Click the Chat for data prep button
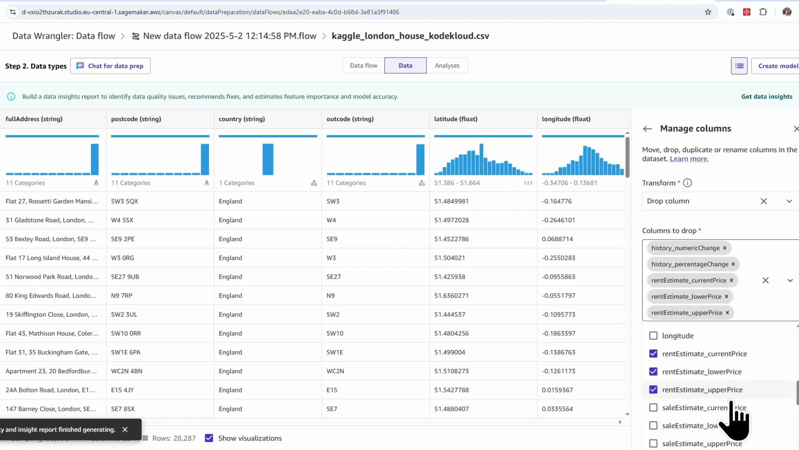tap(110, 66)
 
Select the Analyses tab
tap(447, 65)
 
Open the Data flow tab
tap(363, 65)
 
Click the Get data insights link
tap(767, 96)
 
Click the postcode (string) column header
tap(136, 119)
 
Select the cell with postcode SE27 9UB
tap(125, 277)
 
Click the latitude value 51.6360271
tap(451, 295)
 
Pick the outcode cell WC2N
tap(335, 371)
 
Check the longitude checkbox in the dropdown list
tap(653, 336)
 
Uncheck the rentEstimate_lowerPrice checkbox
tap(653, 372)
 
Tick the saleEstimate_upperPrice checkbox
tap(653, 444)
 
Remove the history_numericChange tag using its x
tap(725, 248)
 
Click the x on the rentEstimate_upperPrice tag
tap(727, 313)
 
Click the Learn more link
tap(689, 159)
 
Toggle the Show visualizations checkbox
tap(209, 438)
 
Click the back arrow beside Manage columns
tap(647, 129)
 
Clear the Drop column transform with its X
tap(764, 201)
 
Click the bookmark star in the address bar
tap(708, 12)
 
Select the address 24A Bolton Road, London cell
tap(50, 390)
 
